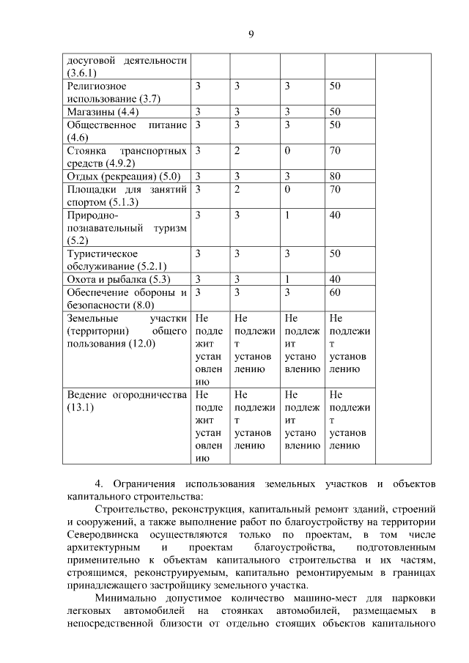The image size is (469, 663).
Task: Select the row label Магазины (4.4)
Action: [103, 112]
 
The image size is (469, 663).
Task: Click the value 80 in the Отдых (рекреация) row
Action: [335, 177]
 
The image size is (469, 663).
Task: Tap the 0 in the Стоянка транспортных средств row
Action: [287, 151]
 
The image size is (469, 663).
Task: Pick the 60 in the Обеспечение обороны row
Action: [335, 292]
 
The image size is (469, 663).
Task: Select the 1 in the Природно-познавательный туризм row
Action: [288, 215]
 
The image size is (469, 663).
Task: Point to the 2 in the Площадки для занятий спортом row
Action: [237, 190]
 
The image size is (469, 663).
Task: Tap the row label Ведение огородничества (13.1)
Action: [127, 395]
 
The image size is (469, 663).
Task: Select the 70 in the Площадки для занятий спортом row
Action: [335, 190]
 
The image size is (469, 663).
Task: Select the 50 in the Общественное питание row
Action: [335, 125]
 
